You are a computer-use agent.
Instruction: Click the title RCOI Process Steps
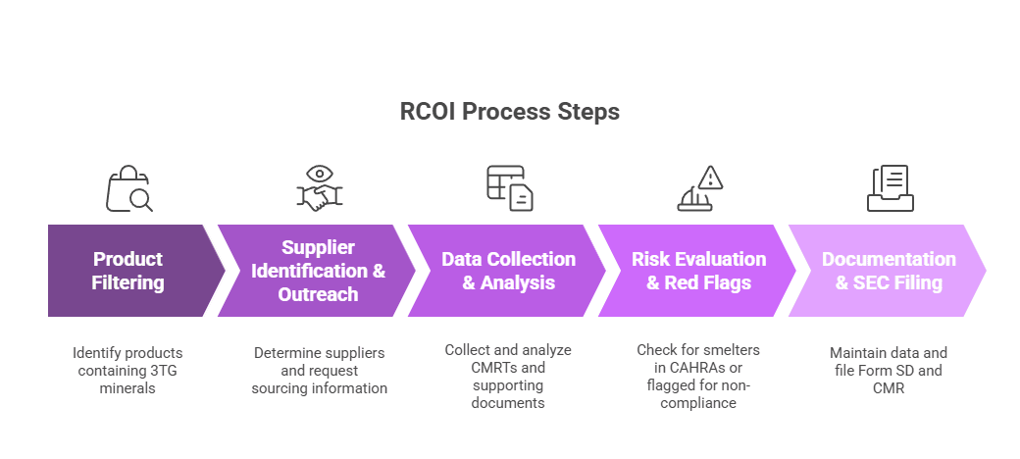click(x=509, y=112)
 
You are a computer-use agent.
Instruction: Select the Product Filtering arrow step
click(x=127, y=271)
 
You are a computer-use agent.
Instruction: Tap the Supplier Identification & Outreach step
click(x=318, y=271)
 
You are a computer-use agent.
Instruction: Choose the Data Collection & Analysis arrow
click(x=508, y=271)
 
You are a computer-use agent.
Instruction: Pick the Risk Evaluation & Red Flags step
click(x=698, y=271)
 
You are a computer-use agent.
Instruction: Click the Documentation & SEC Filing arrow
click(x=888, y=271)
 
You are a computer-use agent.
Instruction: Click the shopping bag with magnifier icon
click(x=128, y=188)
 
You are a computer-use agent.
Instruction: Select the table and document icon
click(x=509, y=188)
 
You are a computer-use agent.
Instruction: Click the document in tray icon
click(x=890, y=188)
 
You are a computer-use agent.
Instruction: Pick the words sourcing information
click(x=319, y=388)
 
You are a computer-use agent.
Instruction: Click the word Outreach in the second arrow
click(x=318, y=294)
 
